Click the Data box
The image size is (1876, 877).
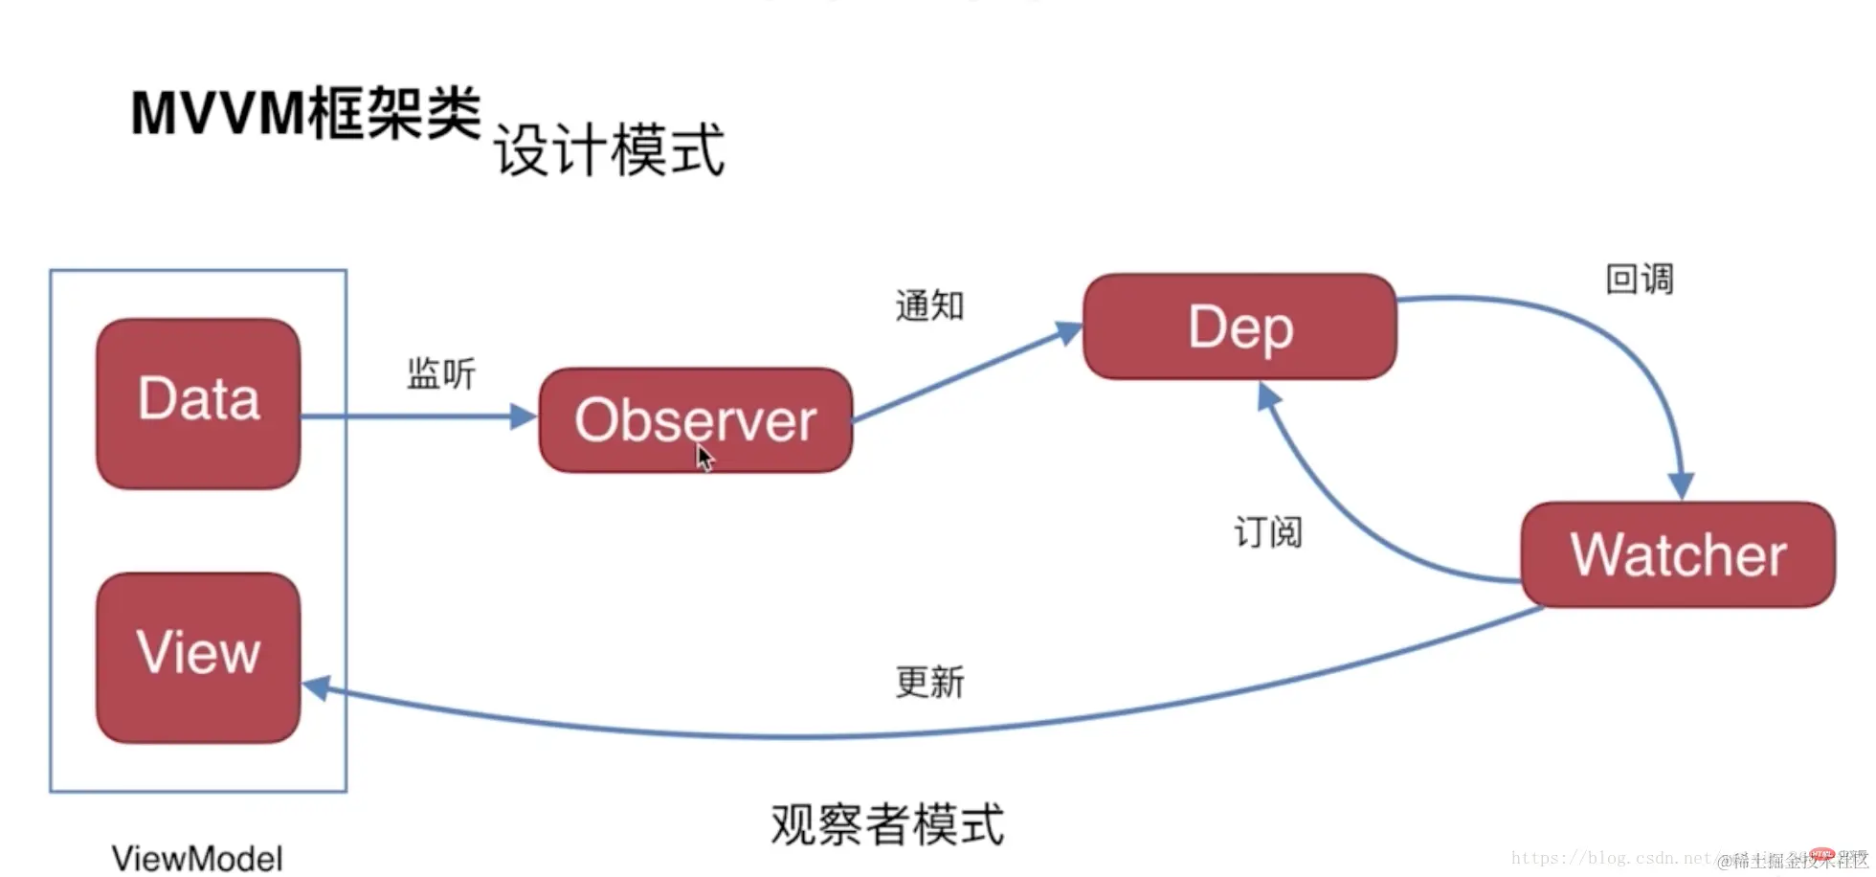pos(198,403)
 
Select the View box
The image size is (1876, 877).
pos(198,657)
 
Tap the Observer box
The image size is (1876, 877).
pos(695,420)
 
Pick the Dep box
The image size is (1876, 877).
pos(1239,326)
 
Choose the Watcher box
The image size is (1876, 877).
pos(1678,554)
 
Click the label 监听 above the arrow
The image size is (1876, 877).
pos(441,373)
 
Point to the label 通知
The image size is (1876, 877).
pos(929,305)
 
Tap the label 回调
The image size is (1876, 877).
pos(1639,280)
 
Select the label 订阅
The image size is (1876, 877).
pos(1268,531)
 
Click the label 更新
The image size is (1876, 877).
pos(929,682)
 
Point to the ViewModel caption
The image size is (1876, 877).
pos(197,858)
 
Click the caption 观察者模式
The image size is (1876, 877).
pos(887,824)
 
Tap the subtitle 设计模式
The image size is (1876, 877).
pos(610,151)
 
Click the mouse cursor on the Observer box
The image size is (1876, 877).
pos(705,459)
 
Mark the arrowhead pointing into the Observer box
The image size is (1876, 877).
pos(524,416)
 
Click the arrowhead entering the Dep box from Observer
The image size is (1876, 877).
pos(1068,332)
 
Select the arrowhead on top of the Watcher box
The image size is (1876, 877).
pos(1682,485)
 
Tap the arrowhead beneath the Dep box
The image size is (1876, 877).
pos(1267,395)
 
